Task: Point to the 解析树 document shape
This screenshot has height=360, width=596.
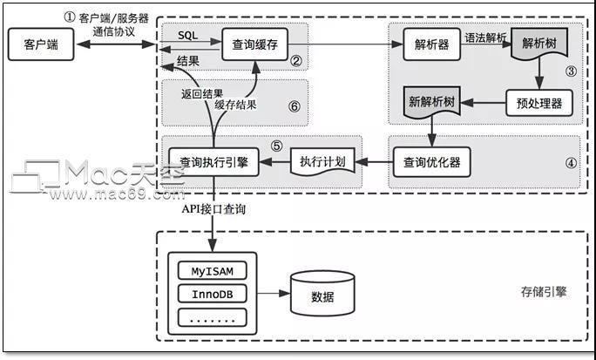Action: [539, 44]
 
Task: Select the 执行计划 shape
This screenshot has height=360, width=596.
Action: [323, 161]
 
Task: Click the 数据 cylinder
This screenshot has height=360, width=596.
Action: [323, 295]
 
